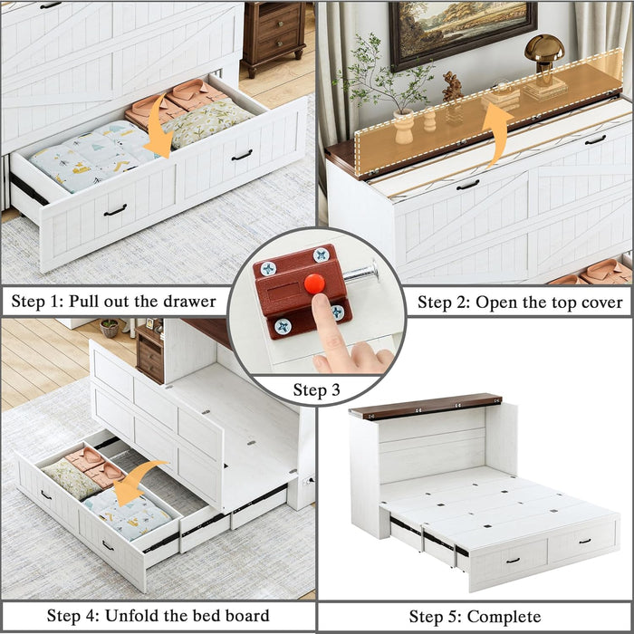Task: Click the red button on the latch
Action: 314,283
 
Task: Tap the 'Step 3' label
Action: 317,390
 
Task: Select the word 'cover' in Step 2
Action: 598,302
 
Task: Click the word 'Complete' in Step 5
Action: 500,617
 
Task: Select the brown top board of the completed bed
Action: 425,406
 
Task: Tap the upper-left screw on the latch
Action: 268,269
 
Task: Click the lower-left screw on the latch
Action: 283,326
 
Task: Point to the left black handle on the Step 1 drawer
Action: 115,210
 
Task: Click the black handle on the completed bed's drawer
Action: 514,561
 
